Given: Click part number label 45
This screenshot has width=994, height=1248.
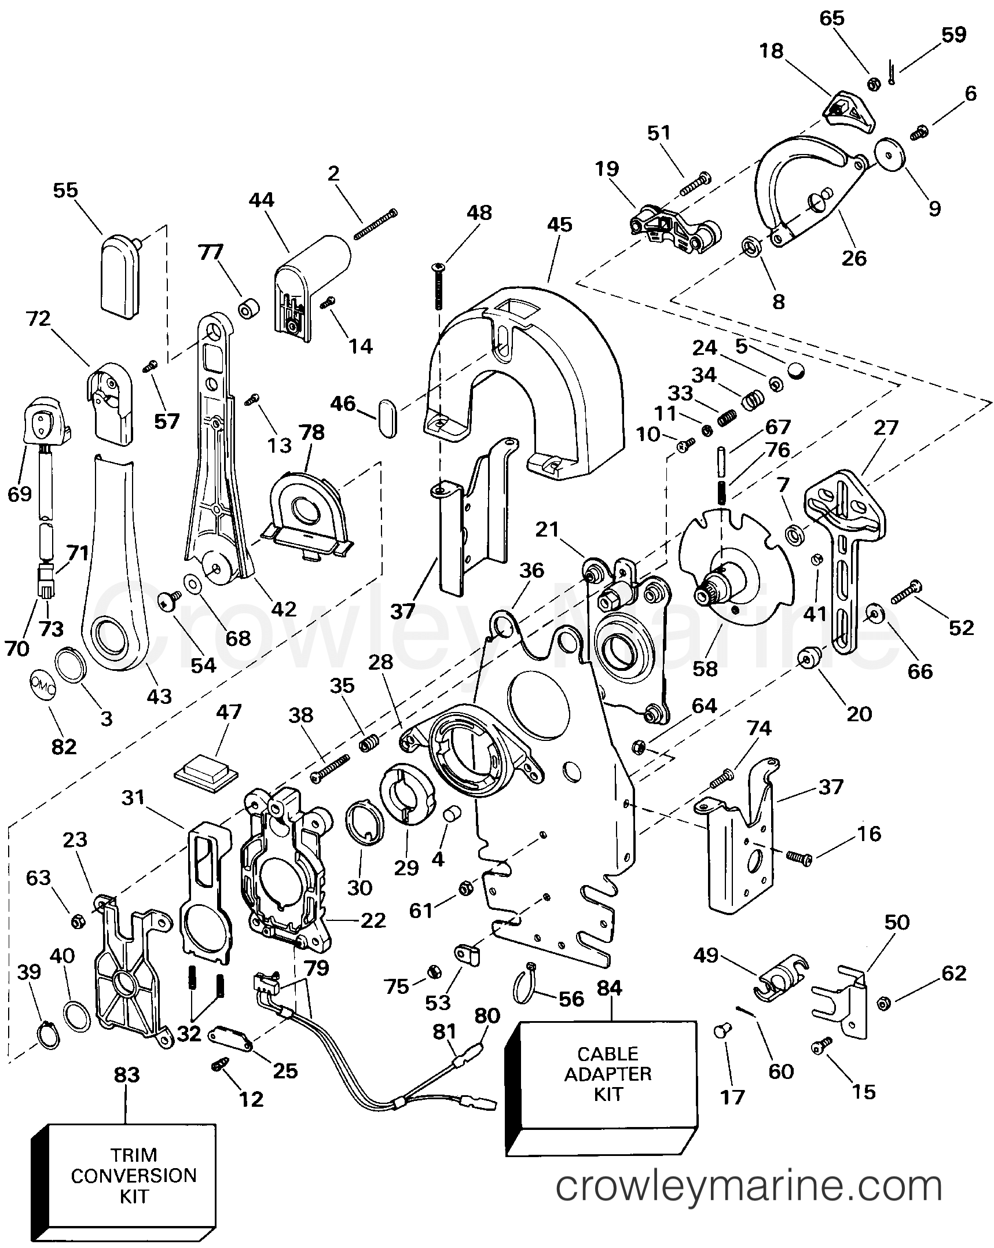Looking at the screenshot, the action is pyautogui.click(x=559, y=225).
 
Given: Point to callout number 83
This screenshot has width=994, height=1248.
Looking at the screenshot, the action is pyautogui.click(x=127, y=1074).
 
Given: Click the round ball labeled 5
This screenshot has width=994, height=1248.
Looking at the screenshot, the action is pyautogui.click(x=797, y=370).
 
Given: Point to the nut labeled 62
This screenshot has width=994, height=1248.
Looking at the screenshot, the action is pyautogui.click(x=883, y=1003).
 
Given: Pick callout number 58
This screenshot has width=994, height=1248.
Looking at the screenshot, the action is pyautogui.click(x=705, y=668).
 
